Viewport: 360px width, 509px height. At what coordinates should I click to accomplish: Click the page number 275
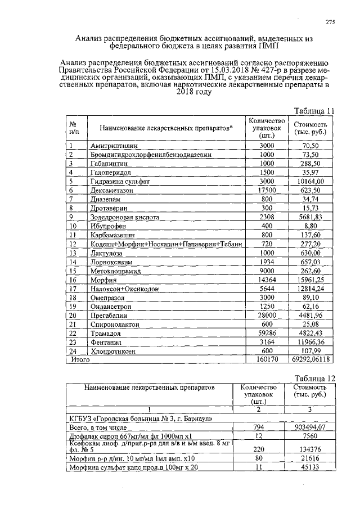(x=330, y=22)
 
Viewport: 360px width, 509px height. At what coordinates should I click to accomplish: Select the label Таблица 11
(x=315, y=110)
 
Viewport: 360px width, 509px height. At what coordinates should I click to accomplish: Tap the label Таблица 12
(x=315, y=378)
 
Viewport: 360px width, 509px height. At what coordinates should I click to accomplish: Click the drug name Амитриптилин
(x=114, y=145)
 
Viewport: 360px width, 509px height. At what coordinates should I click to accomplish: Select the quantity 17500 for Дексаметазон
(x=266, y=190)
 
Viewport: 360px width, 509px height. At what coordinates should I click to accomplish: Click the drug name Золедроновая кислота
(x=124, y=217)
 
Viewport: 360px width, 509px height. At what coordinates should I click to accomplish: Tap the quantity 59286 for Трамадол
(x=266, y=333)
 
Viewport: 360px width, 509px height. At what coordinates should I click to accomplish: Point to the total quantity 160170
(x=266, y=359)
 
